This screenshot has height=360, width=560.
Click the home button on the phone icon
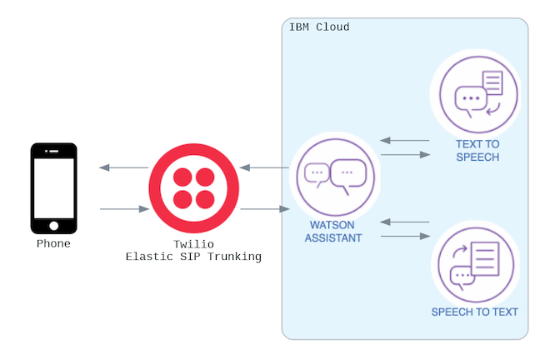pyautogui.click(x=54, y=225)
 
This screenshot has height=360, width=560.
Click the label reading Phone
pyautogui.click(x=54, y=244)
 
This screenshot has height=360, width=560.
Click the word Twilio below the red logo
pyautogui.click(x=193, y=243)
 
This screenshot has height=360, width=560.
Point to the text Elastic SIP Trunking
pyautogui.click(x=193, y=257)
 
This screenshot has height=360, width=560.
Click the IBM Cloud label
pyautogui.click(x=319, y=27)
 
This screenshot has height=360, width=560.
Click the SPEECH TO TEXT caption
pyautogui.click(x=475, y=312)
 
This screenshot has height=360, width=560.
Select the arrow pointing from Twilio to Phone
pyautogui.click(x=123, y=168)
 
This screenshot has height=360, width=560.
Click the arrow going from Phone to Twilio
pyautogui.click(x=123, y=209)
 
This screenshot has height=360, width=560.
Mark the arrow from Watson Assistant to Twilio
pyautogui.click(x=264, y=168)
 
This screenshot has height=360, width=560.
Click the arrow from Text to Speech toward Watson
pyautogui.click(x=404, y=141)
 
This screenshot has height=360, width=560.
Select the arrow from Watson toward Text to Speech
pyautogui.click(x=404, y=154)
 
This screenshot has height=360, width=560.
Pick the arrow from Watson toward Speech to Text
pyautogui.click(x=404, y=237)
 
